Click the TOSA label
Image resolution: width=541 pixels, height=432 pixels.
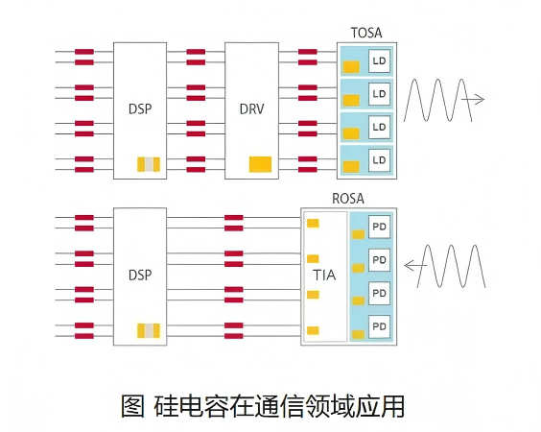[366, 33]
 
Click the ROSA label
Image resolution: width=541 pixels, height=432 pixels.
[348, 199]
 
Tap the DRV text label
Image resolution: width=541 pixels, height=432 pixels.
[252, 109]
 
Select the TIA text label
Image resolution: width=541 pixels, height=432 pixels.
[324, 276]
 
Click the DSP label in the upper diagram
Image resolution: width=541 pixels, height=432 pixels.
[140, 109]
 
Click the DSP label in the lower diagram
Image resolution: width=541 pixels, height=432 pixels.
[140, 276]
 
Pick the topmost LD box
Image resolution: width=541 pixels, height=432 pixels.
[379, 61]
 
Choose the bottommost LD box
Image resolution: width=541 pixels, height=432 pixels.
[379, 160]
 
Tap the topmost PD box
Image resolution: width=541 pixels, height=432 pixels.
[379, 227]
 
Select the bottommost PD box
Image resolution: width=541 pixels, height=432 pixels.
[379, 326]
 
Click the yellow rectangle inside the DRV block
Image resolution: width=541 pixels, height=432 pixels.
[260, 164]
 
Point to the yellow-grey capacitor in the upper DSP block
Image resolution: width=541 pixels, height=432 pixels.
[149, 164]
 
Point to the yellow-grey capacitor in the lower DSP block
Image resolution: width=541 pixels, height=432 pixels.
[149, 330]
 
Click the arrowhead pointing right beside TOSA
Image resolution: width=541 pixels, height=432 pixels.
[481, 100]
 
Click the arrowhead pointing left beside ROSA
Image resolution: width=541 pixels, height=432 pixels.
[409, 266]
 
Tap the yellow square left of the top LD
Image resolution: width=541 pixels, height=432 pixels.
[351, 67]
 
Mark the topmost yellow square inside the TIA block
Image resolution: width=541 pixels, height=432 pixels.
[313, 224]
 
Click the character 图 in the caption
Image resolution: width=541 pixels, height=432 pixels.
[132, 406]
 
